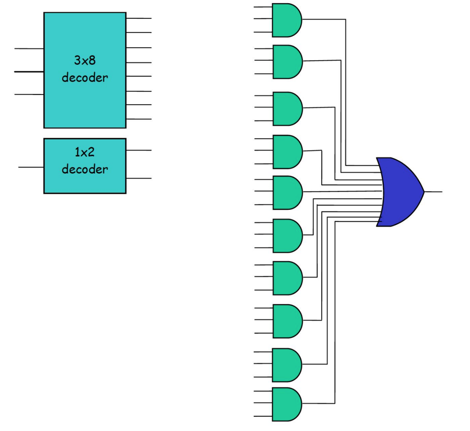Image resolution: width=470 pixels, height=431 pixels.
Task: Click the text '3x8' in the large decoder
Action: [x=85, y=60]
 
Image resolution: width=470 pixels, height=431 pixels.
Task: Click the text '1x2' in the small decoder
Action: [x=85, y=152]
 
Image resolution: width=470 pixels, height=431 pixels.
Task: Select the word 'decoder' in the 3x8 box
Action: [x=85, y=78]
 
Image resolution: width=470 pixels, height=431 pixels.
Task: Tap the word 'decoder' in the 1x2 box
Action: [x=85, y=169]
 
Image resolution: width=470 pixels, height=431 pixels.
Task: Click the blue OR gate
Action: [x=398, y=192]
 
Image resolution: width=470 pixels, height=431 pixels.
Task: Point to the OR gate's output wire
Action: [x=434, y=192]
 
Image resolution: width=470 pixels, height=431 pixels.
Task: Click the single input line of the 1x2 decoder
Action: [x=31, y=168]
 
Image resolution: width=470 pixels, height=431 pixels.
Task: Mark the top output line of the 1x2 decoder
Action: [x=139, y=150]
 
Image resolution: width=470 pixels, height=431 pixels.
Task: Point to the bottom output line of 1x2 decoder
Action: [x=139, y=179]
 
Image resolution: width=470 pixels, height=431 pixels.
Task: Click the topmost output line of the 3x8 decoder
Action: [x=139, y=18]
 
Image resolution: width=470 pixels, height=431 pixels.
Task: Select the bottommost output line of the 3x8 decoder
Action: [x=139, y=119]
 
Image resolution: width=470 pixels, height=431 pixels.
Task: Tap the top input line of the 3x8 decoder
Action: [x=29, y=48]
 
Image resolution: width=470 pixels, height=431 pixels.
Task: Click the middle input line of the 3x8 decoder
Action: [x=29, y=72]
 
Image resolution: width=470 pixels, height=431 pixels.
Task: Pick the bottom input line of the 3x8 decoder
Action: [x=29, y=95]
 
